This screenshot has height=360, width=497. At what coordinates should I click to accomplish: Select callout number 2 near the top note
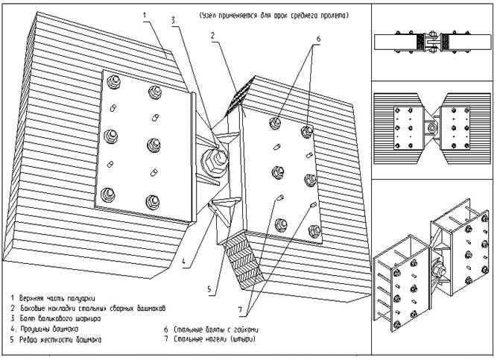[x=213, y=35]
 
